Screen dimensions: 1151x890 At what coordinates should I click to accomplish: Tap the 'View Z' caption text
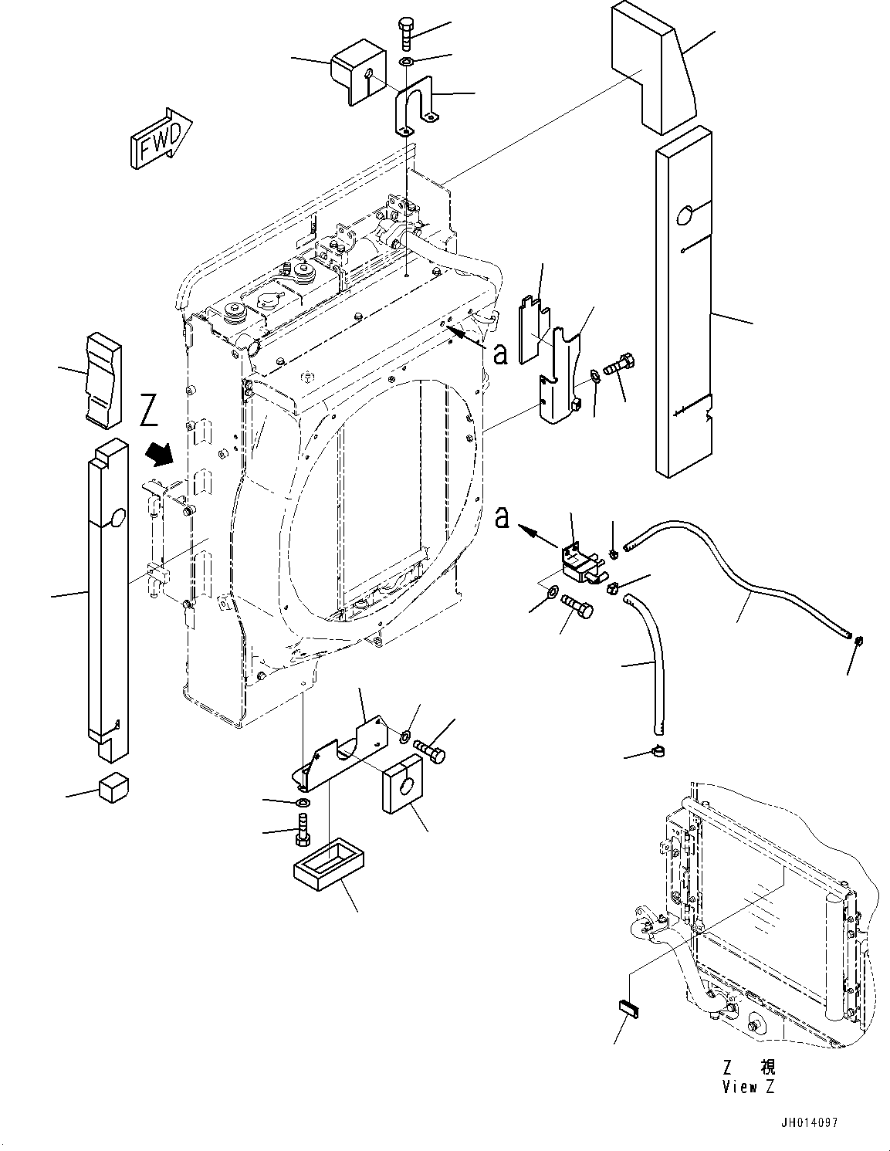[748, 1087]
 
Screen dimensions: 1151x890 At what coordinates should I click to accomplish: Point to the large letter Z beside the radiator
[149, 413]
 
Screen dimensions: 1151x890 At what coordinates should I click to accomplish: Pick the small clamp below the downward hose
[660, 750]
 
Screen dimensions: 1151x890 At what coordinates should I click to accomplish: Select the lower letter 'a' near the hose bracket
[502, 518]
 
